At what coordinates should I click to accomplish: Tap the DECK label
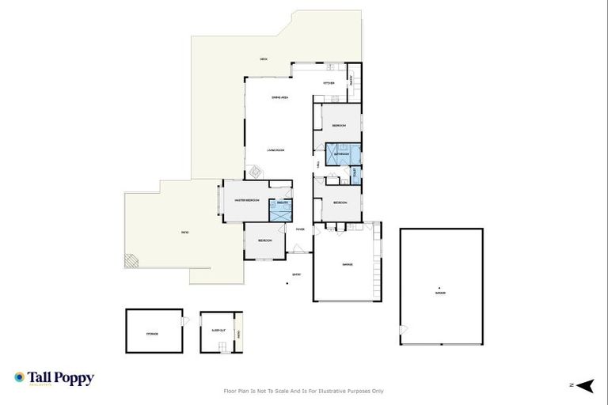[x=264, y=60]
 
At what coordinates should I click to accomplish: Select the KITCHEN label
[x=329, y=83]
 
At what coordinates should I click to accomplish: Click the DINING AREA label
[x=279, y=97]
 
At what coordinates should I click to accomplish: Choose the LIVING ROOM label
[x=275, y=150]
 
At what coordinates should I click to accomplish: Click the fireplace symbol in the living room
[x=255, y=171]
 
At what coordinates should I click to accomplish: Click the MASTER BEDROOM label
[x=247, y=201]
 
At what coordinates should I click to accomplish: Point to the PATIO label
[x=184, y=233]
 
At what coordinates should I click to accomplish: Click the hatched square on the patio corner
[x=131, y=259]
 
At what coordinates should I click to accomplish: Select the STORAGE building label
[x=152, y=334]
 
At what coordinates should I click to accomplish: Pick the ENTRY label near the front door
[x=296, y=274]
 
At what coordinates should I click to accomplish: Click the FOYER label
[x=300, y=229]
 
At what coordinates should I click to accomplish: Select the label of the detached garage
[x=439, y=293]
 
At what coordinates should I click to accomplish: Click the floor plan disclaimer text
[x=304, y=391]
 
